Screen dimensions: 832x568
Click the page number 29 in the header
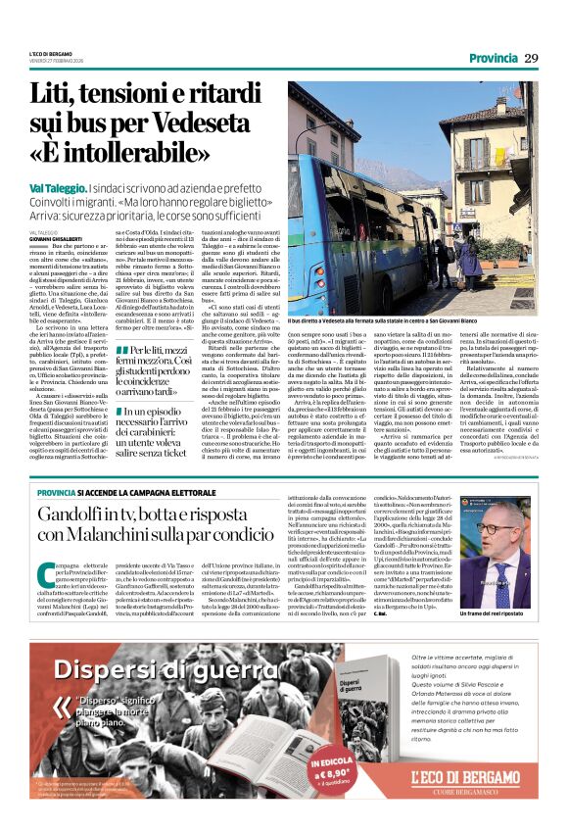point(532,58)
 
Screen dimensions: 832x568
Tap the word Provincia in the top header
point(494,58)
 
